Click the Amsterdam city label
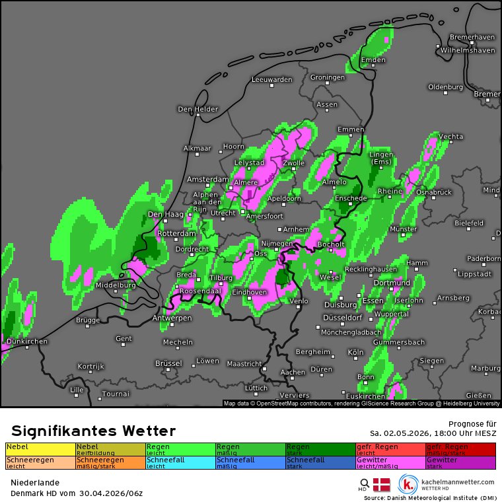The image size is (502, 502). tap(207, 180)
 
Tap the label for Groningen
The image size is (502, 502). tap(328, 77)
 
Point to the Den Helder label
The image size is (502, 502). tap(197, 109)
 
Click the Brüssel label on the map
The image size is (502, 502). tap(168, 363)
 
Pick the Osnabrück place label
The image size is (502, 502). tap(434, 192)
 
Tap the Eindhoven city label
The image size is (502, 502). tap(250, 292)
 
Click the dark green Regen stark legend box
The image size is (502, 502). tap(320, 449)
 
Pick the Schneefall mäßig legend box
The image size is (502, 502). tap(250, 462)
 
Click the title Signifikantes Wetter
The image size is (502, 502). tap(93, 431)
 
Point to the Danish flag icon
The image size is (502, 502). tap(382, 484)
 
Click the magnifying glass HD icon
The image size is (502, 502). tap(364, 484)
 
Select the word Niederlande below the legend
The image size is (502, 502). tap(34, 483)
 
